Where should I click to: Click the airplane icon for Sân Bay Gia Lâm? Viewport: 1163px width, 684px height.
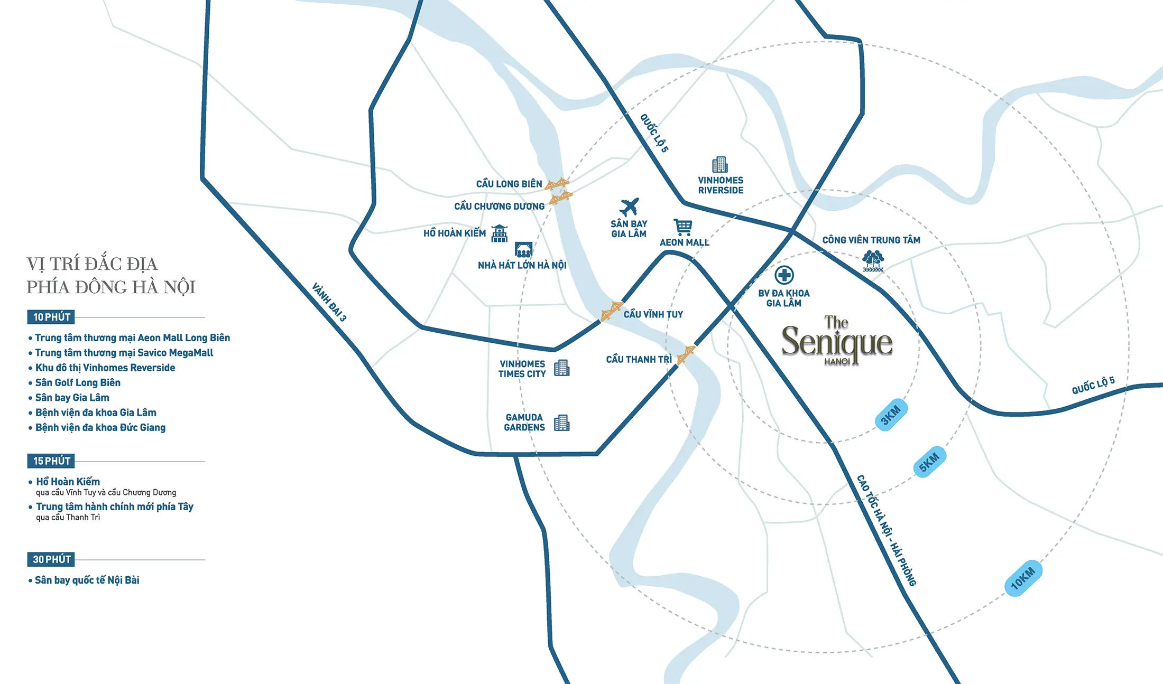click(x=629, y=207)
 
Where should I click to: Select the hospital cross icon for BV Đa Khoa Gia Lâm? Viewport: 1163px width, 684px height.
click(x=784, y=275)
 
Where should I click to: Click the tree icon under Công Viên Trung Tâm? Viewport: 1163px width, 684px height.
click(x=873, y=261)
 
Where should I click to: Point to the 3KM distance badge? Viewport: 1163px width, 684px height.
click(x=891, y=415)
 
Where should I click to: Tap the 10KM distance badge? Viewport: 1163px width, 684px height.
click(x=1023, y=578)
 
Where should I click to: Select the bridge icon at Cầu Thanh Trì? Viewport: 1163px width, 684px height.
click(x=686, y=354)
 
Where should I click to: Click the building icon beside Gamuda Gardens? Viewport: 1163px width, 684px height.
click(x=561, y=423)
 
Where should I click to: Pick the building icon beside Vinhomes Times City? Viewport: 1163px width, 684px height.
click(x=561, y=368)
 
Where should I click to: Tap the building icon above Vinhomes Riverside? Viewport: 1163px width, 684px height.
click(x=719, y=165)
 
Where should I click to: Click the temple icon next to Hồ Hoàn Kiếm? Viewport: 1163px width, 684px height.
click(x=499, y=233)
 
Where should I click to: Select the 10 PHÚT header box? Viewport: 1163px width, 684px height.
click(x=51, y=317)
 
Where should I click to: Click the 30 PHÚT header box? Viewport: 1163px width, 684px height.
click(x=51, y=559)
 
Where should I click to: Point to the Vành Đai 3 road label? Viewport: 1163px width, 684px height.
click(x=329, y=302)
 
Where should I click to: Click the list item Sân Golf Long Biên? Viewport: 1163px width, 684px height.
click(x=78, y=382)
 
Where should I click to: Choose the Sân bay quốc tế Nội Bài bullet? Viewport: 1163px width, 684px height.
click(x=87, y=580)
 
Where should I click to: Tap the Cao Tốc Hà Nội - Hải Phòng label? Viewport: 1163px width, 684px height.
click(x=886, y=530)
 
